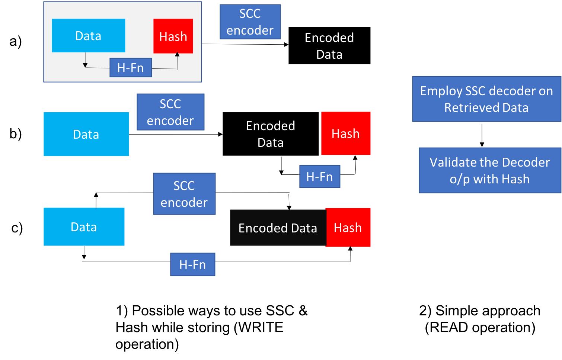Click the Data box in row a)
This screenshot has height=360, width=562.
coord(88,36)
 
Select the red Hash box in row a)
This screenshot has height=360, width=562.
coord(173,36)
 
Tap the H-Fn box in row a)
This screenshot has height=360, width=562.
coord(131,68)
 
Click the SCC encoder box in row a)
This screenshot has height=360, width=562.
coord(250,22)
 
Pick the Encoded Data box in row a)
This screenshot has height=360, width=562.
coord(329,45)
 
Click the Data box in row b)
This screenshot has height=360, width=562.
coord(86,134)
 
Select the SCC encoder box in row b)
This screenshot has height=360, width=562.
coord(170,112)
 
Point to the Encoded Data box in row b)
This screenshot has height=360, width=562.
coord(271,134)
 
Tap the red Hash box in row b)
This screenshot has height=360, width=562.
coord(346,134)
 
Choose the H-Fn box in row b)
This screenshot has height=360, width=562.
coord(320,177)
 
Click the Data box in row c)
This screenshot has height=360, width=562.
coord(84,227)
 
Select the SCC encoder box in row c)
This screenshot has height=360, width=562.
coord(184,194)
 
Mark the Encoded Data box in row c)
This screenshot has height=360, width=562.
coord(278,228)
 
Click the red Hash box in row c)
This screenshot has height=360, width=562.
coord(348,228)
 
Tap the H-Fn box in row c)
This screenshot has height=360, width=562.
coord(192,264)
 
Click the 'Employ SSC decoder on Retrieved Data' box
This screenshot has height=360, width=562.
coord(486,99)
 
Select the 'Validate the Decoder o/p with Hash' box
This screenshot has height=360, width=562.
coord(490,170)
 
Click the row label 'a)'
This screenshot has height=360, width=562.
coord(16,41)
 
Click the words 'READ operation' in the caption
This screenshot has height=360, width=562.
coord(480,327)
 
